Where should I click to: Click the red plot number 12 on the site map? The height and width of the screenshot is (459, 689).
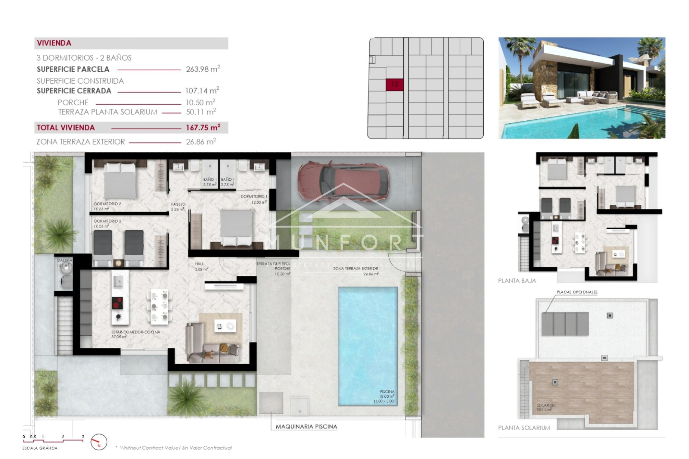point(394,84)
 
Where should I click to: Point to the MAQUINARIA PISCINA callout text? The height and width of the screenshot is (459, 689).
point(306,426)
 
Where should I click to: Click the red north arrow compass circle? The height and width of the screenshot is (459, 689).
point(99,442)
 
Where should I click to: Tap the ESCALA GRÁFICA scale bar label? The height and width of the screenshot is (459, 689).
point(40,448)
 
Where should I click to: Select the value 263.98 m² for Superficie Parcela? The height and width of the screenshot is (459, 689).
point(203,69)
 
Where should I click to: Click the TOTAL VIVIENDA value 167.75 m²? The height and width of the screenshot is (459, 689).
point(203,128)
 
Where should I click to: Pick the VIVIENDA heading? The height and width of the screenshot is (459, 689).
point(54,43)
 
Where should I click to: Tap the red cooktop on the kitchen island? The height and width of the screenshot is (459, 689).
point(117,303)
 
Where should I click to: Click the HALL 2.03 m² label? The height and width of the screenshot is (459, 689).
point(200,266)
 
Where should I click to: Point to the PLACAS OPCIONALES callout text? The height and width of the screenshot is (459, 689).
point(577,292)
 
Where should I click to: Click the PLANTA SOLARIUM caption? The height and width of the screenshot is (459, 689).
point(524,427)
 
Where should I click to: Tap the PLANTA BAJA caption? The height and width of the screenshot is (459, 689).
point(517,281)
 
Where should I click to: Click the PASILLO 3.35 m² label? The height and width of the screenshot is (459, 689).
point(178,206)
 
